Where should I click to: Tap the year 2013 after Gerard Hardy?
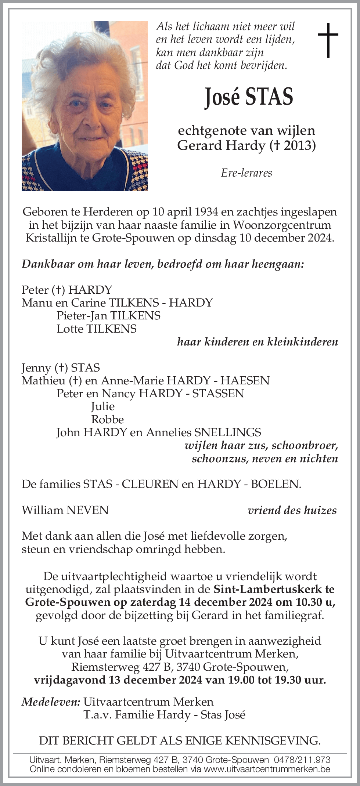point(298,146)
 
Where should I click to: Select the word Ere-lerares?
point(246,173)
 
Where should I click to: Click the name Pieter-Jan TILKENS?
point(108,316)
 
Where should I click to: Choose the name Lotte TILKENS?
point(97,329)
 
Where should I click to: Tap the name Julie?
point(103,406)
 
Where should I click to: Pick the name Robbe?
point(107,419)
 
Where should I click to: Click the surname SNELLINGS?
point(228,432)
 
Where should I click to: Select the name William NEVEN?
point(65,510)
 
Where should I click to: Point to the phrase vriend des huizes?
point(292,510)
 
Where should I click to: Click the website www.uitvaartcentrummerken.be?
point(267,769)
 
